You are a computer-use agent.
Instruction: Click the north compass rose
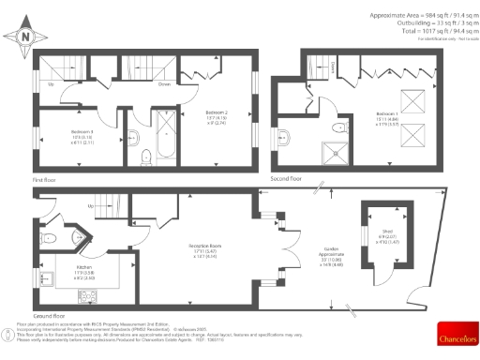point(26,36)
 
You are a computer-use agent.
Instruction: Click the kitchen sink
point(44,278)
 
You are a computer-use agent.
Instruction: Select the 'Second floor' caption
point(286,177)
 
